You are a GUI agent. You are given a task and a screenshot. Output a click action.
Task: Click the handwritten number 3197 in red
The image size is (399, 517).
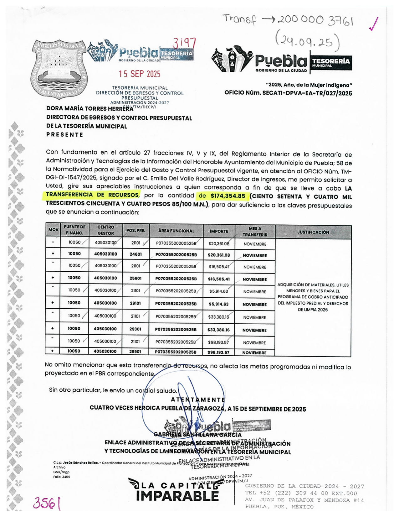click(x=184, y=43)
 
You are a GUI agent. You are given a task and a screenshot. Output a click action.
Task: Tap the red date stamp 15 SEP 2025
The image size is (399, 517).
click(x=139, y=74)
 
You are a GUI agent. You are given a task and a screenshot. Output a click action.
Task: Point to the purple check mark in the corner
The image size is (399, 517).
click(x=374, y=24)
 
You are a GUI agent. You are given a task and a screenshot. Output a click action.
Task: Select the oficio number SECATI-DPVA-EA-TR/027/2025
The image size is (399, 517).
click(x=288, y=93)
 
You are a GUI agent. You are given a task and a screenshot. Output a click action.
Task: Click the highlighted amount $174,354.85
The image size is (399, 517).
click(x=228, y=196)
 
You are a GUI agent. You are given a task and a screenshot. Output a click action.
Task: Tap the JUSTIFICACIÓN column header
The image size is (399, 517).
click(x=313, y=232)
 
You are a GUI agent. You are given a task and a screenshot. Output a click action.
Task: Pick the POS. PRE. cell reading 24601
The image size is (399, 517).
click(x=136, y=254)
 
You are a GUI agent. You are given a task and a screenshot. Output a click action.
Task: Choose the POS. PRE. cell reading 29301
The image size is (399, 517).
click(x=135, y=329)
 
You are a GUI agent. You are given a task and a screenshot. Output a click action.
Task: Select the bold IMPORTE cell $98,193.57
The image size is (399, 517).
click(x=218, y=352)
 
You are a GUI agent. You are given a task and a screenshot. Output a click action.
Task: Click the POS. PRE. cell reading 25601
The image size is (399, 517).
click(x=136, y=278)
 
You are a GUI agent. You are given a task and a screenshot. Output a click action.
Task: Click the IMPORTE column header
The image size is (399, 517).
click(x=219, y=231)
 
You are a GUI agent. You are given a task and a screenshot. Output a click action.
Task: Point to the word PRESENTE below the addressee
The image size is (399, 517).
click(x=65, y=135)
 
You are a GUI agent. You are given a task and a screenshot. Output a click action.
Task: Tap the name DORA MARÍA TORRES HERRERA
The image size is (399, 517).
click(x=90, y=109)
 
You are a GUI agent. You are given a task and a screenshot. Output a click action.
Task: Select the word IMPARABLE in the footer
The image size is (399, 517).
click(x=177, y=496)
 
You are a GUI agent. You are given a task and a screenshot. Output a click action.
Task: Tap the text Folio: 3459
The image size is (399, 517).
click(x=62, y=477)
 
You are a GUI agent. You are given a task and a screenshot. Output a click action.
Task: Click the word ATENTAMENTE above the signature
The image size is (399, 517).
click(x=198, y=400)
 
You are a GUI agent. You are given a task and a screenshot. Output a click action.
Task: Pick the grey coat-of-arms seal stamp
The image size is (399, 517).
click(x=59, y=69)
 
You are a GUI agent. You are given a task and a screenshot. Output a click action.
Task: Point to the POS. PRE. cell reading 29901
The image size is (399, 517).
click(x=135, y=352)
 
